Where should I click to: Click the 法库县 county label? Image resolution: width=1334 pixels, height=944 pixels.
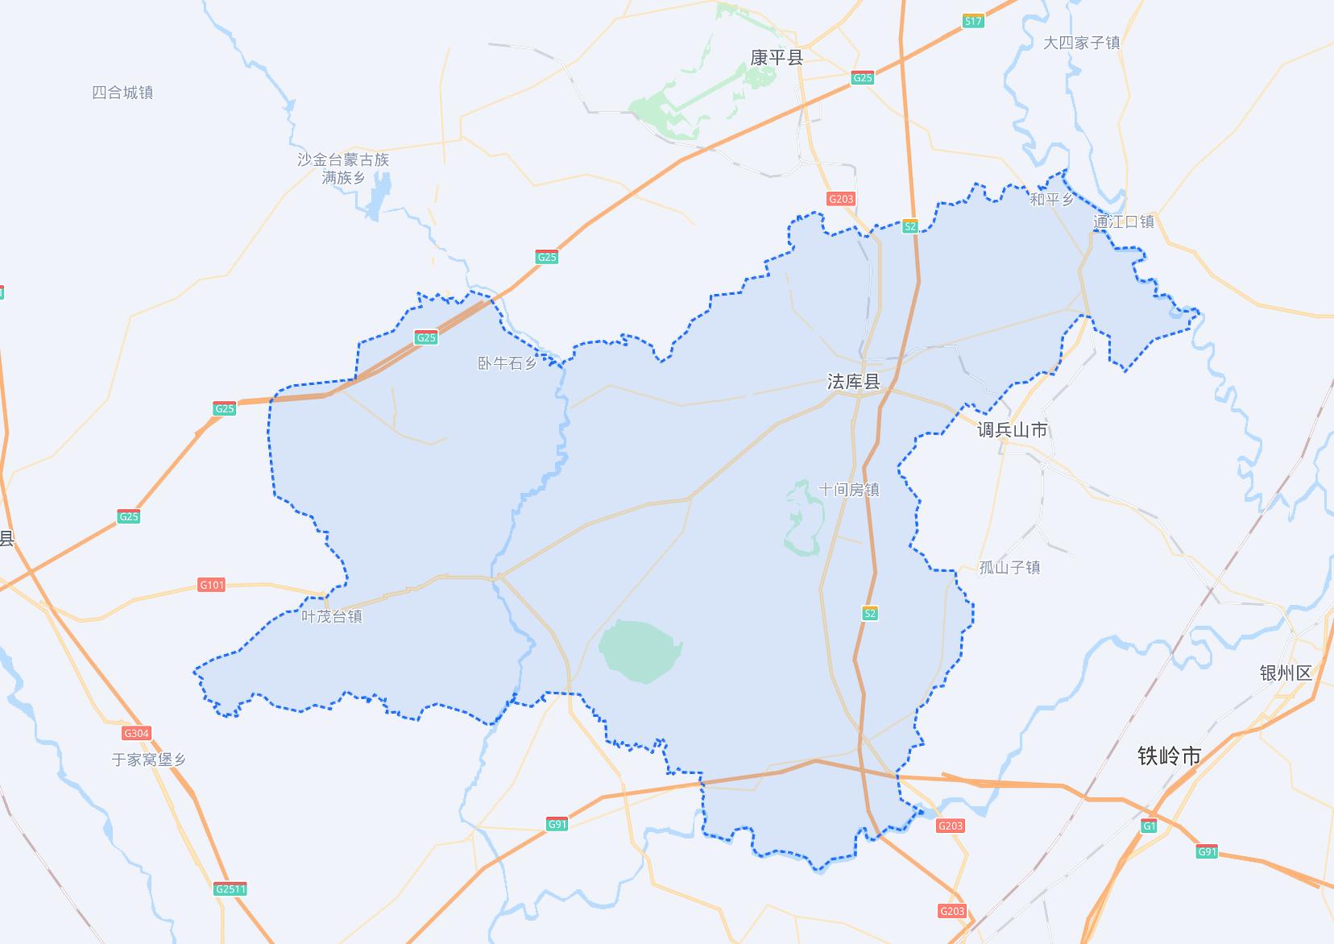tap(854, 382)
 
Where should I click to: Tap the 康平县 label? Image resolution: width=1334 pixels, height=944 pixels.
tap(777, 57)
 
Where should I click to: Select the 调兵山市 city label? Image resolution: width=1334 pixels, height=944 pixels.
tap(1013, 430)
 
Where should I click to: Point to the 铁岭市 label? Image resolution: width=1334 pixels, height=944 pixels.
tap(1170, 756)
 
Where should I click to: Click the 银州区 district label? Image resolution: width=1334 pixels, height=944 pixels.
tap(1286, 673)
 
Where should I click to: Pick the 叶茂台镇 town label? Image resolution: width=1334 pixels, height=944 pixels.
tap(332, 616)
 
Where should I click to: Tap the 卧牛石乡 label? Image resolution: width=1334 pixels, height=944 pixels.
tap(507, 363)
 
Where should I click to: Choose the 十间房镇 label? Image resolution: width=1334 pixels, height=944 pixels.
tap(849, 490)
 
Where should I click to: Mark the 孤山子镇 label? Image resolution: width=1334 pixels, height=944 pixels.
tap(1009, 567)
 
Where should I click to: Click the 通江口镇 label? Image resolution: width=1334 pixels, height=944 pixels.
tap(1124, 222)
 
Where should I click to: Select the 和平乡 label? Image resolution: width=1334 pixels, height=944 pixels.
tap(1051, 199)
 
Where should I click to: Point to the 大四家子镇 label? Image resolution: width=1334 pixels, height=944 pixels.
tap(1082, 43)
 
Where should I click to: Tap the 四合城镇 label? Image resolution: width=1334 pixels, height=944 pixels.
tap(122, 93)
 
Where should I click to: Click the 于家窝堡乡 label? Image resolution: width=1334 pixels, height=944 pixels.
tap(149, 759)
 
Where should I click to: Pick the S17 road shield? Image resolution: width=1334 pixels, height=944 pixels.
tap(973, 22)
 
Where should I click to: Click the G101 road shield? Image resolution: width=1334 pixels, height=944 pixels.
tap(211, 585)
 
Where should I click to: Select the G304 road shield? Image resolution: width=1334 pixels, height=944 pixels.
tap(136, 733)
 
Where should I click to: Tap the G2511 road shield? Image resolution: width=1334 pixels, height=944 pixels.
tap(230, 889)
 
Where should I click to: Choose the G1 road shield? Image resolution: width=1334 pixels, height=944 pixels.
tap(1150, 826)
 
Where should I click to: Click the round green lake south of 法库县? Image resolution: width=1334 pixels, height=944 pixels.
tap(640, 647)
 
